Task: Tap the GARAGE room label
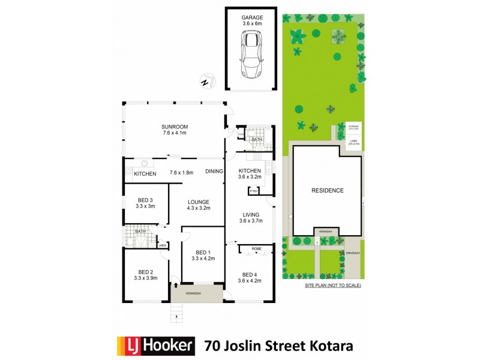[x=252, y=18]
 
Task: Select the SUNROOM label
[x=175, y=127]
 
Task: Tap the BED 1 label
[x=203, y=252]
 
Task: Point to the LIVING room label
[x=250, y=214]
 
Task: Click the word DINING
[x=214, y=172]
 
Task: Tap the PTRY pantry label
[x=254, y=191]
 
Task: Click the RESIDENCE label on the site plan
[x=327, y=190]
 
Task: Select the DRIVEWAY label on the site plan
[x=353, y=253]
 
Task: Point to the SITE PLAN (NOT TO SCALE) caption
[x=332, y=286]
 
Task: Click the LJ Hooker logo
[x=156, y=345]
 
